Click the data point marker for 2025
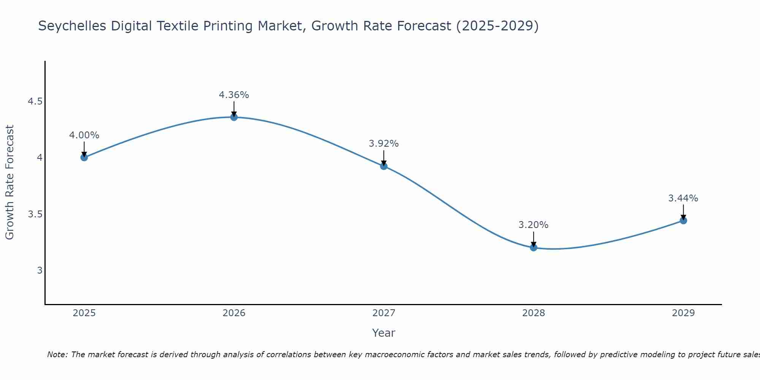tap(84, 157)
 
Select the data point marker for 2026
tap(234, 117)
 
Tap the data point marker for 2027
tap(384, 166)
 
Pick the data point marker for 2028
tap(534, 247)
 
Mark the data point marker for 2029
tap(683, 220)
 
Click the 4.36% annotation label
tap(234, 95)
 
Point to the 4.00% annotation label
tap(84, 135)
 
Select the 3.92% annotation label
tap(384, 144)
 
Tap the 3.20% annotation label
tap(534, 225)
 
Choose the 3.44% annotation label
tap(683, 198)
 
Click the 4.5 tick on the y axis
tap(35, 101)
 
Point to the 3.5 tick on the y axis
tap(35, 214)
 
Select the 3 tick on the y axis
tap(40, 271)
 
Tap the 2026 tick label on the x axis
tap(234, 313)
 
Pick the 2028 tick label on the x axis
tap(534, 313)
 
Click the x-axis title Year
tap(384, 333)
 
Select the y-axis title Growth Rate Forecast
tap(10, 182)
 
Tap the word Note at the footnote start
tap(57, 355)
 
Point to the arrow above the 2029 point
tap(683, 212)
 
